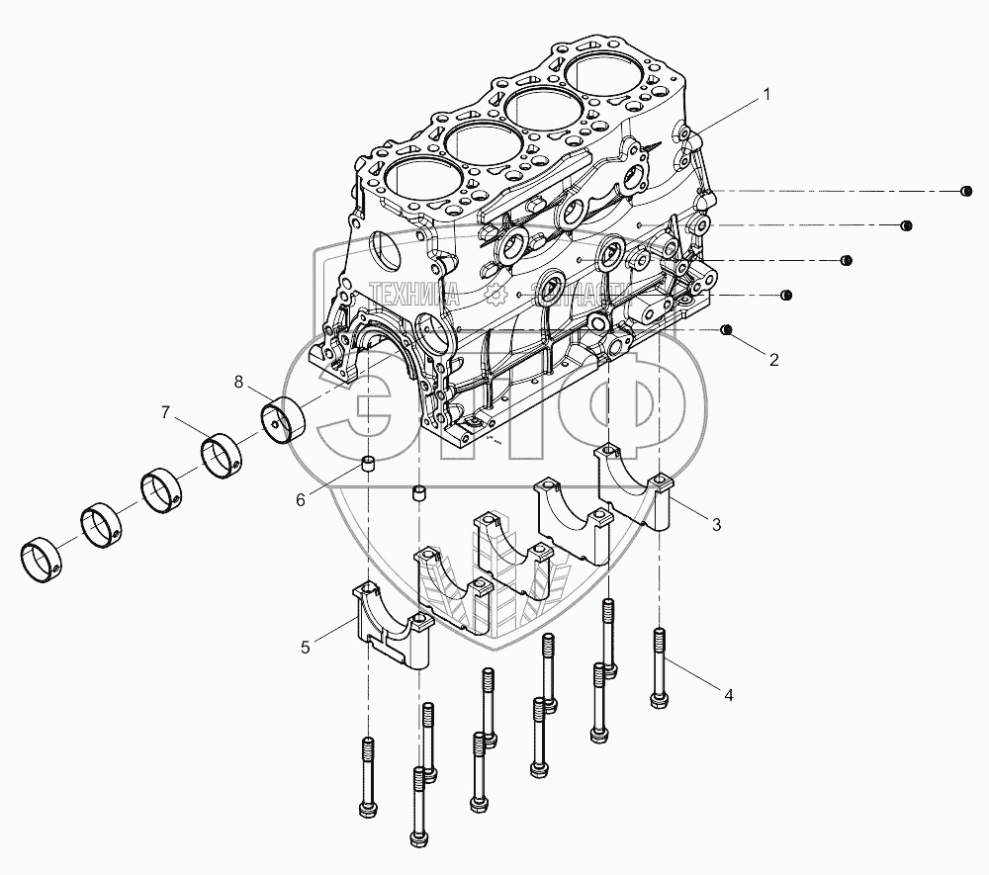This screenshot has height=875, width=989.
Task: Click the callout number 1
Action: (x=764, y=96)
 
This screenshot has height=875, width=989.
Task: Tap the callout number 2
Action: (x=773, y=360)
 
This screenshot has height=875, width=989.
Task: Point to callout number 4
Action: (x=729, y=695)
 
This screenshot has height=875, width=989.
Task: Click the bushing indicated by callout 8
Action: (x=284, y=419)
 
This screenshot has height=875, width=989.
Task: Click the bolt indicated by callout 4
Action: (x=660, y=668)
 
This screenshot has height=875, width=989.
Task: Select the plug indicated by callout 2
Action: (x=728, y=329)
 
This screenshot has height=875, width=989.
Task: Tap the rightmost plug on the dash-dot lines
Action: (x=966, y=191)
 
